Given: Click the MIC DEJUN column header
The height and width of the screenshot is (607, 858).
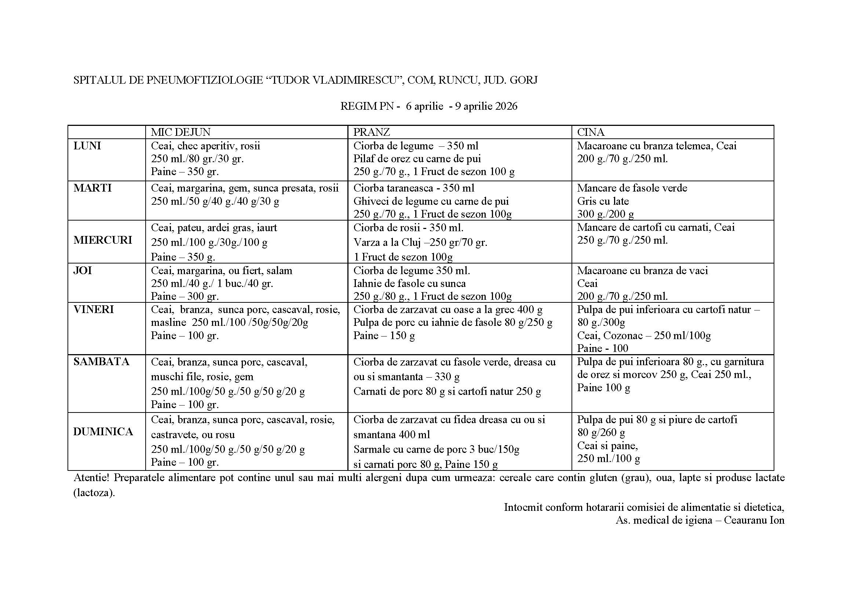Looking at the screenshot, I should pyautogui.click(x=180, y=132).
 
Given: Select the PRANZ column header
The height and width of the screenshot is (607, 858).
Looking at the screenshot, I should pyautogui.click(x=372, y=132).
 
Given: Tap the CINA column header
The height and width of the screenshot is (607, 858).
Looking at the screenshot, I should pyautogui.click(x=591, y=132).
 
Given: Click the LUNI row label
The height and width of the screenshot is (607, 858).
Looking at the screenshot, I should pyautogui.click(x=87, y=146).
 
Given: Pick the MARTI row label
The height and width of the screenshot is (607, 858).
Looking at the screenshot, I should pyautogui.click(x=92, y=188).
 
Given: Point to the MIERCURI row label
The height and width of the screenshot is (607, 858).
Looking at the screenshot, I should pyautogui.click(x=103, y=240).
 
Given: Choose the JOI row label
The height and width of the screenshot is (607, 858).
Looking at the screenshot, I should pyautogui.click(x=83, y=270).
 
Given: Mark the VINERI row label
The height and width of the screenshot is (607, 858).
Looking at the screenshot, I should pyautogui.click(x=94, y=309).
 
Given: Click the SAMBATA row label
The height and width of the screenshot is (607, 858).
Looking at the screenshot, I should pyautogui.click(x=101, y=362).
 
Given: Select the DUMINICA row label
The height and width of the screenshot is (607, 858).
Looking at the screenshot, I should pyautogui.click(x=103, y=432).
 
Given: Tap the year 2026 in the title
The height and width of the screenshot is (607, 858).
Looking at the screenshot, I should pyautogui.click(x=506, y=106).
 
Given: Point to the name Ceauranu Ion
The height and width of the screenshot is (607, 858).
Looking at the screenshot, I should pyautogui.click(x=754, y=520).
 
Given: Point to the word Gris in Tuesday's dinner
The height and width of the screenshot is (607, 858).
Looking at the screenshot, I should pyautogui.click(x=586, y=201).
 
